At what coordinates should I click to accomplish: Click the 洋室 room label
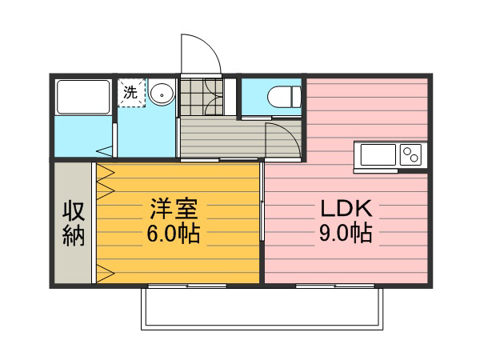tap(174, 209)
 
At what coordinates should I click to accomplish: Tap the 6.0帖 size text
tap(174, 234)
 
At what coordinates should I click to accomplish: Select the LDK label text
tap(346, 209)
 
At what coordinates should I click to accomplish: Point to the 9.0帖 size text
tap(346, 233)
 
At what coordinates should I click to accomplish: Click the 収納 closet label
tap(74, 224)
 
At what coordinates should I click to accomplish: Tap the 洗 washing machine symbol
tap(131, 93)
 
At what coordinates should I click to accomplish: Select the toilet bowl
tap(284, 97)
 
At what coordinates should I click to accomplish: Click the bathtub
tap(83, 97)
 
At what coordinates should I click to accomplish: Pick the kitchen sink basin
tap(378, 154)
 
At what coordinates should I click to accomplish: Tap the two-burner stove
tap(410, 154)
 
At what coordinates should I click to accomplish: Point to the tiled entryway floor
tap(202, 97)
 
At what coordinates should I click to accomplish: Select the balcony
tap(262, 309)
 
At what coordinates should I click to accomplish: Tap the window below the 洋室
tap(187, 286)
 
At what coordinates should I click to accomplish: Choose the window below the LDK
tap(335, 286)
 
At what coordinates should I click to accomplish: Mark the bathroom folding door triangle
tap(105, 151)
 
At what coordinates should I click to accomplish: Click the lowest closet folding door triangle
tap(106, 274)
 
